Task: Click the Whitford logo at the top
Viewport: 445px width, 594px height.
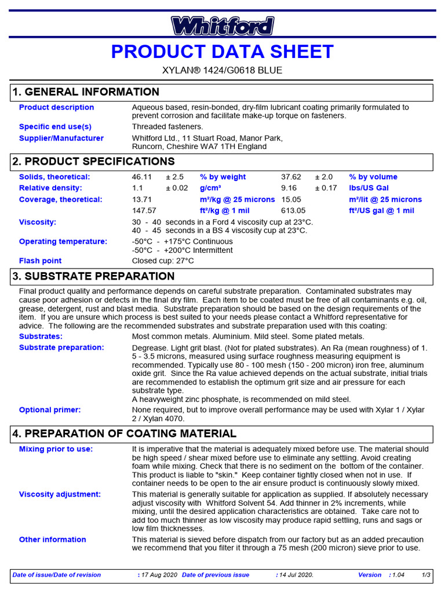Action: (x=222, y=26)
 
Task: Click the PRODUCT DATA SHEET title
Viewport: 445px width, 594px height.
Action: (x=222, y=52)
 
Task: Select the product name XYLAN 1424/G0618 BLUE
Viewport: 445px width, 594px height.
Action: (x=222, y=71)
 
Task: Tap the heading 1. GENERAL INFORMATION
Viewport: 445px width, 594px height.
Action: (x=86, y=92)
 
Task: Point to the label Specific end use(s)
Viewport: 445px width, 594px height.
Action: (x=55, y=126)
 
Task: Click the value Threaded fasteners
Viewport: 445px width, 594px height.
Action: (x=167, y=126)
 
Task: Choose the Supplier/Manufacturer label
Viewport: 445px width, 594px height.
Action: (x=61, y=138)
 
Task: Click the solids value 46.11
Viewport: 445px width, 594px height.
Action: (x=142, y=177)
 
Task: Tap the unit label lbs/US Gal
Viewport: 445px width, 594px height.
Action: (x=369, y=188)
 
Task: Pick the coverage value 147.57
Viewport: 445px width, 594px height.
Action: (x=144, y=211)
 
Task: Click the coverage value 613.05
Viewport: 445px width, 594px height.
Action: (x=293, y=211)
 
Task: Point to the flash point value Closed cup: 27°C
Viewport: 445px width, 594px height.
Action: (x=163, y=261)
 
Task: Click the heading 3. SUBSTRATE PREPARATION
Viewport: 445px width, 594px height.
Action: (x=93, y=277)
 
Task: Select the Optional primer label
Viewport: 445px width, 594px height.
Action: (x=50, y=410)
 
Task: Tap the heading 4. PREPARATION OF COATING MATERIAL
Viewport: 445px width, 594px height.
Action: (x=124, y=434)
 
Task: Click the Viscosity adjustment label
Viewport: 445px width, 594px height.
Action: (x=60, y=494)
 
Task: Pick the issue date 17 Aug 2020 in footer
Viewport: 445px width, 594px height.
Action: (x=159, y=575)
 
